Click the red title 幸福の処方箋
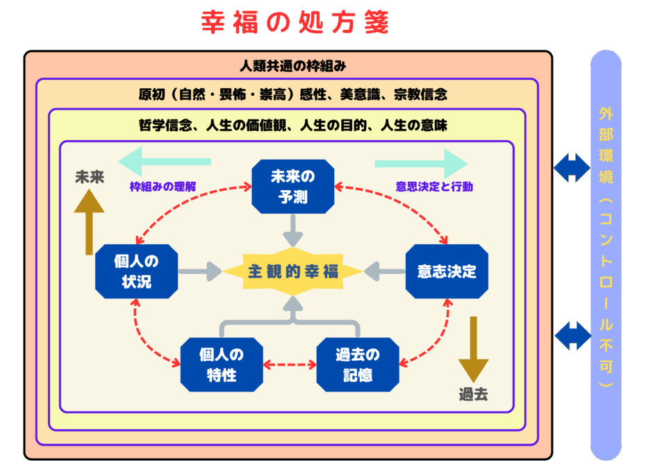[x=296, y=22]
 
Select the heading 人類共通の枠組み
[x=292, y=67]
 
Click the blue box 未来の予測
[x=292, y=187]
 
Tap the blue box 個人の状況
[x=136, y=271]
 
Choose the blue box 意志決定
[x=447, y=271]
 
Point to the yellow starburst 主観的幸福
[x=292, y=271]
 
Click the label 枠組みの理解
[x=163, y=187]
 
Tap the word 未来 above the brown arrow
[x=90, y=177]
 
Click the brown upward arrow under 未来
[x=89, y=221]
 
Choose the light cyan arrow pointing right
[x=420, y=163]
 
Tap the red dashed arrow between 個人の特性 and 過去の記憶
[x=290, y=364]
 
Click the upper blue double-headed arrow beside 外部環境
[x=572, y=167]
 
